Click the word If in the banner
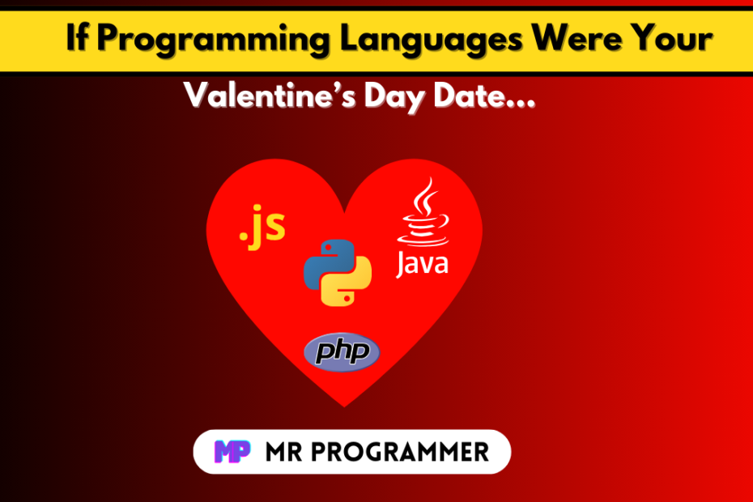coord(77,36)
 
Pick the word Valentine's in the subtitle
coord(270,95)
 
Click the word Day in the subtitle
coord(395,97)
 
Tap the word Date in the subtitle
coord(484,95)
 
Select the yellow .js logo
coord(262,227)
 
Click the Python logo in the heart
coord(338,272)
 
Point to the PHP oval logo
coord(342,352)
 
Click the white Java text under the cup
coord(422,264)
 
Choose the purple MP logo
coord(232,452)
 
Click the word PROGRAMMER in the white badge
coord(400,452)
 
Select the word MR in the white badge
coord(284,452)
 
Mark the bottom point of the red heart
coord(344,407)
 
